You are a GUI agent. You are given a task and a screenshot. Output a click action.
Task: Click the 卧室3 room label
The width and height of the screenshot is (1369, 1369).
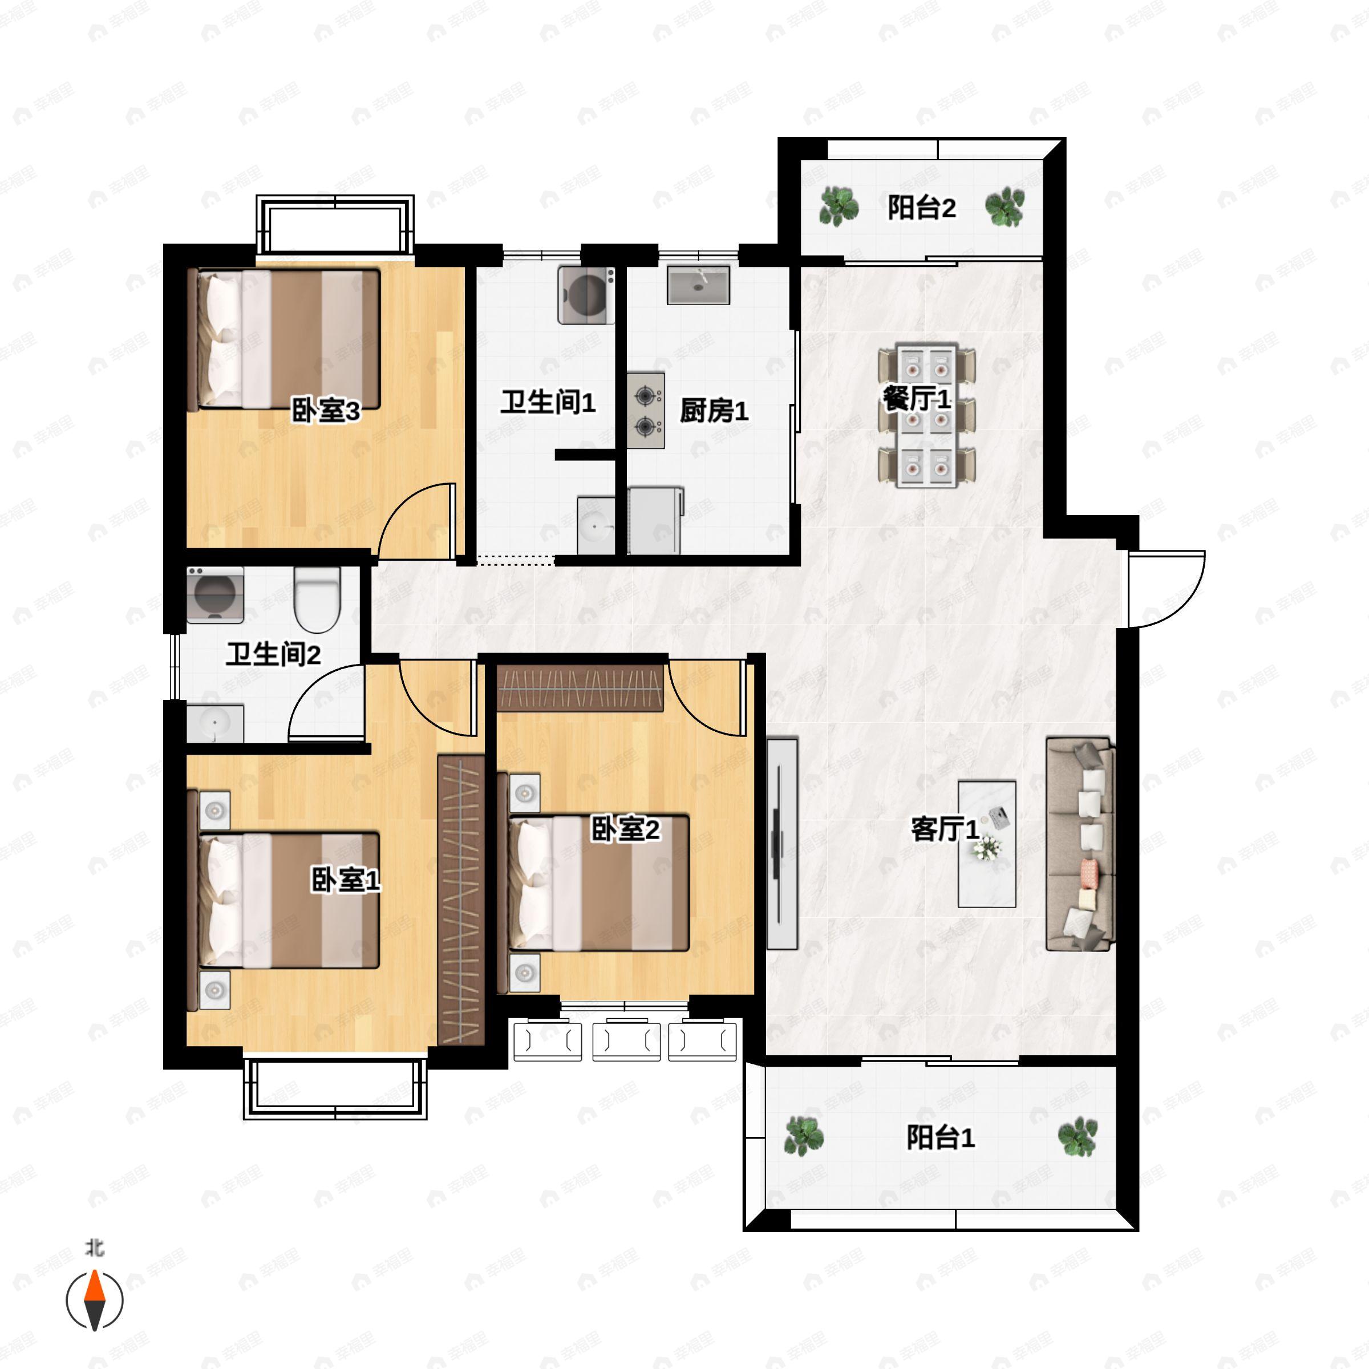point(326,410)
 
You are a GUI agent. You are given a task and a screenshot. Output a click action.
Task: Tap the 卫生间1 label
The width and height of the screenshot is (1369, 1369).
point(548,403)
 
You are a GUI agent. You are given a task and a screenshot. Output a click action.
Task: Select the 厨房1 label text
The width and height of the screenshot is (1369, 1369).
point(714,410)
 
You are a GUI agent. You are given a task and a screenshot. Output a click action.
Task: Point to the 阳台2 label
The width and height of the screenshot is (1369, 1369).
point(922,208)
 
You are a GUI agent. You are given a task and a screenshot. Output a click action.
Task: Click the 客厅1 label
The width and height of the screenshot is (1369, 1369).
point(945,828)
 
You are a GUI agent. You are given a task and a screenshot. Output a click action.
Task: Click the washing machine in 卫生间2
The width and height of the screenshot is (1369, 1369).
point(214,594)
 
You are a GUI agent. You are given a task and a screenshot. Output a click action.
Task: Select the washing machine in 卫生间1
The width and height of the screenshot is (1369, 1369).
point(586,295)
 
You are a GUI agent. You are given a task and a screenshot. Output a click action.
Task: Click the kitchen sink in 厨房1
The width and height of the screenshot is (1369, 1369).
point(698,285)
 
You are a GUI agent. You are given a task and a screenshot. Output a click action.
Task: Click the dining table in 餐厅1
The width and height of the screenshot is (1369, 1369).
point(927,416)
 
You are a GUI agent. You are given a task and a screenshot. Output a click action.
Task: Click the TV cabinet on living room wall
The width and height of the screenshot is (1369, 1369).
point(782,843)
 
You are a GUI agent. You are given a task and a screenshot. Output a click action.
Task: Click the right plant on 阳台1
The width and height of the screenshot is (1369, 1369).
point(1077,1136)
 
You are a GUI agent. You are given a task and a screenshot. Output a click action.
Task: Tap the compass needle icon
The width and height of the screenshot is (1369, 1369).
point(94,1301)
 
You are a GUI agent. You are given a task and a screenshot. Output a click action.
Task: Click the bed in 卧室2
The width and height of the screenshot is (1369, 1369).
point(600,883)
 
